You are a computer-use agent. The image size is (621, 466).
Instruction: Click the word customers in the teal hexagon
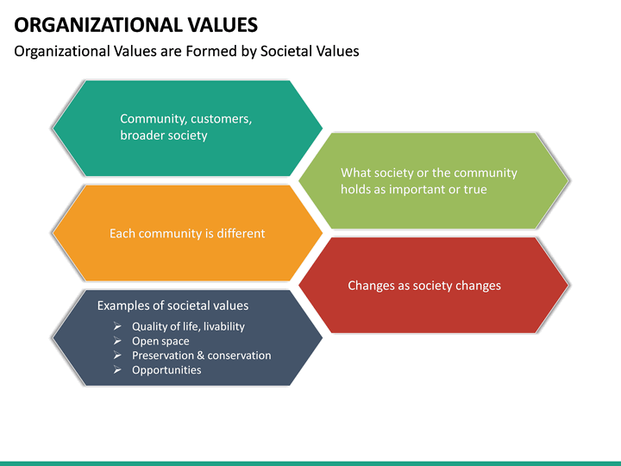coord(222,119)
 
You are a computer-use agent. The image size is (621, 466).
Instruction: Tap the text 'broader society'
coord(164,135)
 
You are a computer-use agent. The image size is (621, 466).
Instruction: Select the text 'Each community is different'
coord(187,233)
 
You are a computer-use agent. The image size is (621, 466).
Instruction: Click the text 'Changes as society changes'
coord(424,286)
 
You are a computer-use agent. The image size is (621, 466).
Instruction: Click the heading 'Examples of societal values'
coord(172,305)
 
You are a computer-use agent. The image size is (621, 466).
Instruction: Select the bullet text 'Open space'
coord(160,341)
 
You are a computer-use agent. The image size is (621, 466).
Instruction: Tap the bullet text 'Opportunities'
coord(166,370)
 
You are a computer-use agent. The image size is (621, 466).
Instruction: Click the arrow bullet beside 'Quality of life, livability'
coord(117,326)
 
